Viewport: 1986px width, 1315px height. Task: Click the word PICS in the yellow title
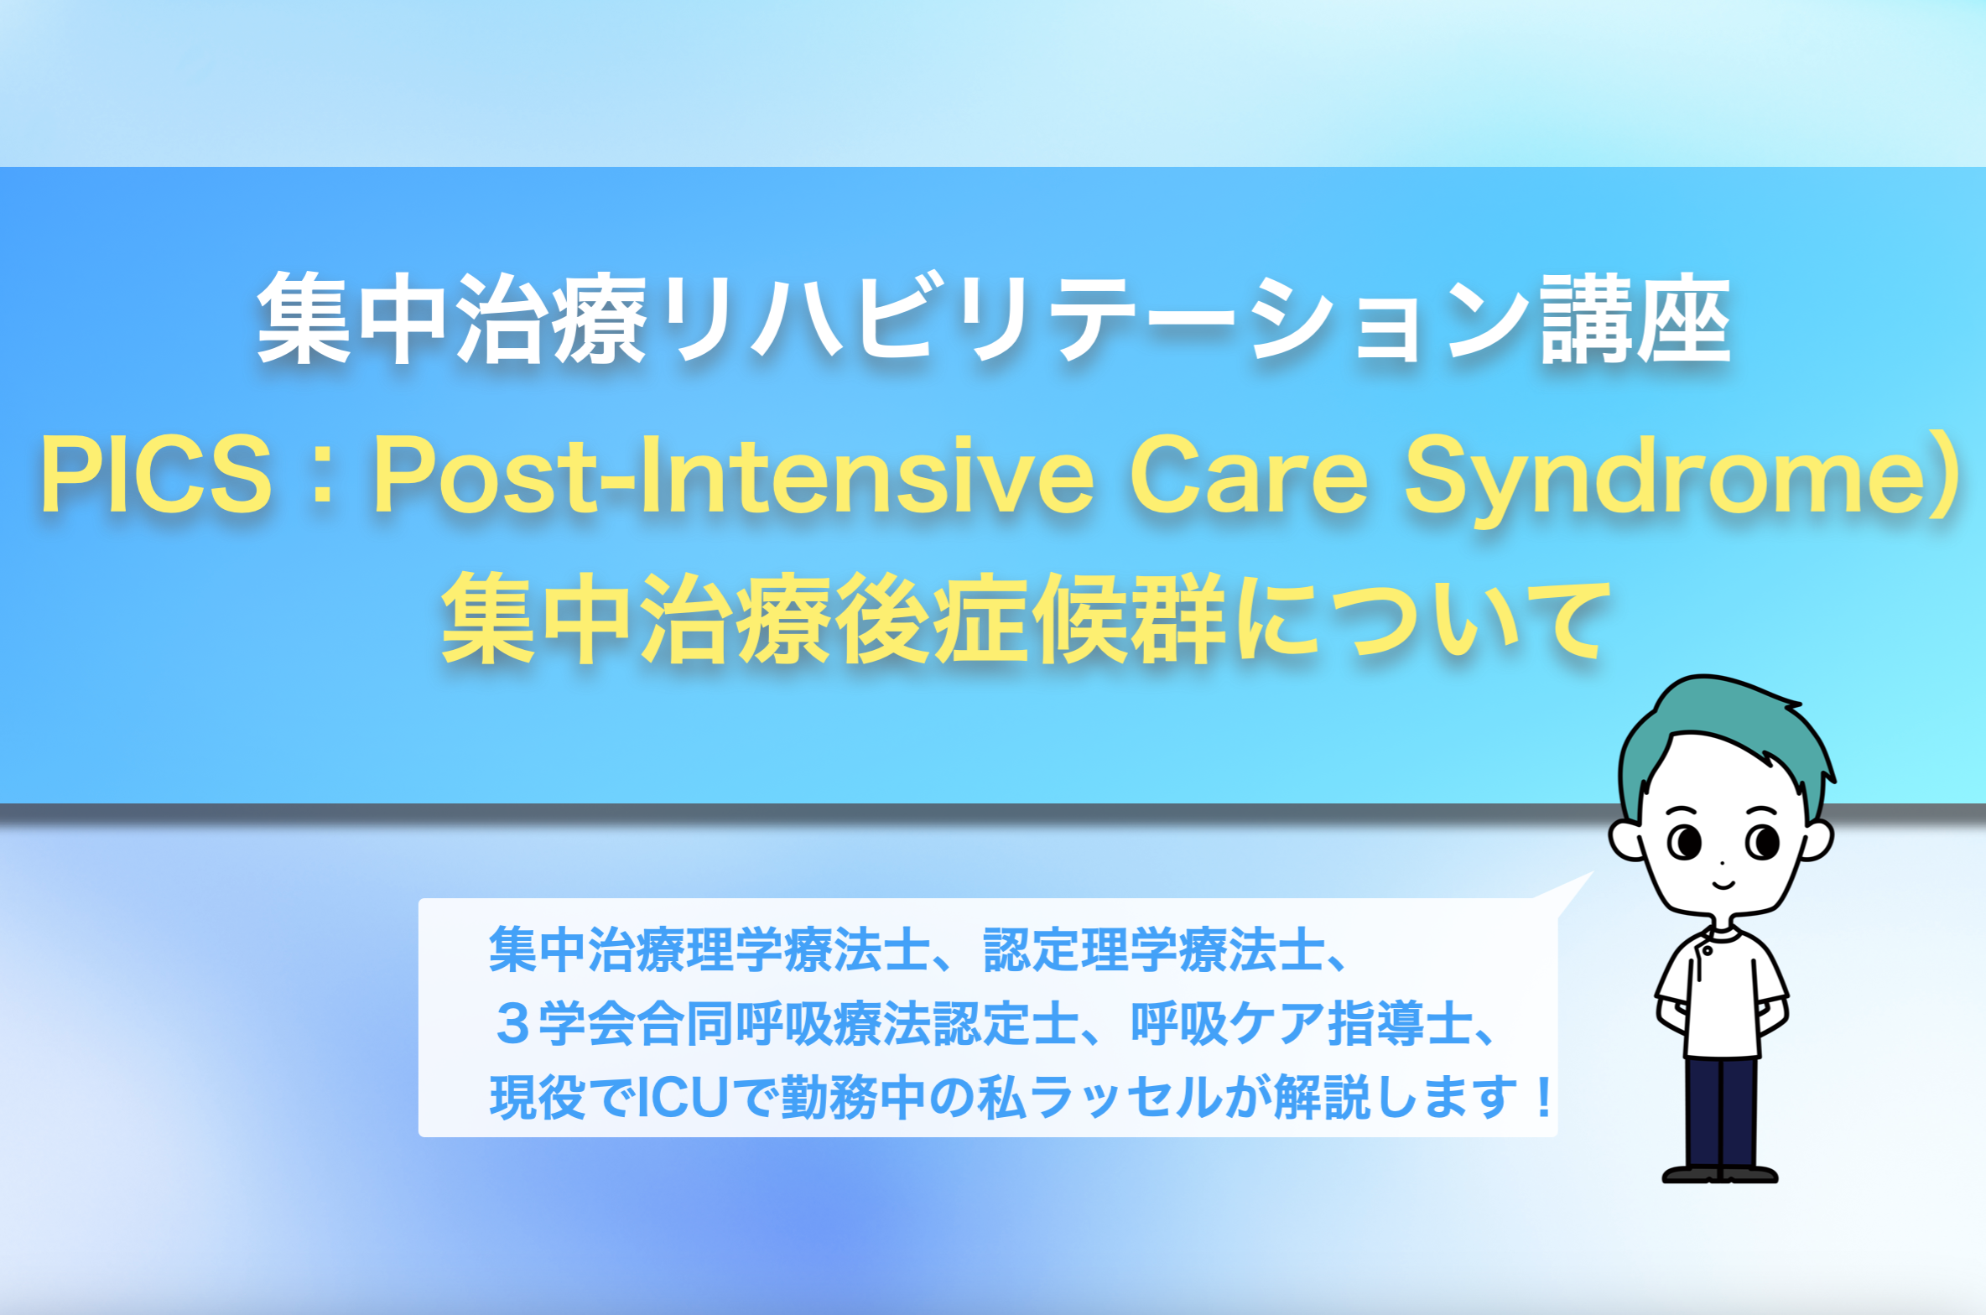point(157,475)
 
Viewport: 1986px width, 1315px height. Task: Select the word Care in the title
point(1249,475)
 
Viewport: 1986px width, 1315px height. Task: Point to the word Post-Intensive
point(734,475)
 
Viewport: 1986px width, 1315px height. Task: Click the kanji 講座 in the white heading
point(1636,320)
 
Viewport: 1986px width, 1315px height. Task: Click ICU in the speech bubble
point(683,1098)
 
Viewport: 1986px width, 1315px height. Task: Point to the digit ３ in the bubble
point(512,1024)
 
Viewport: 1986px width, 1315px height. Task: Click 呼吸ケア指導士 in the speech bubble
point(1302,1024)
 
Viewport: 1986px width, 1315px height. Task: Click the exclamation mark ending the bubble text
point(1543,1098)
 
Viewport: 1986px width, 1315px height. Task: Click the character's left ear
point(1626,839)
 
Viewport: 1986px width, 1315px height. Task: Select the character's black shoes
point(1720,1174)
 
